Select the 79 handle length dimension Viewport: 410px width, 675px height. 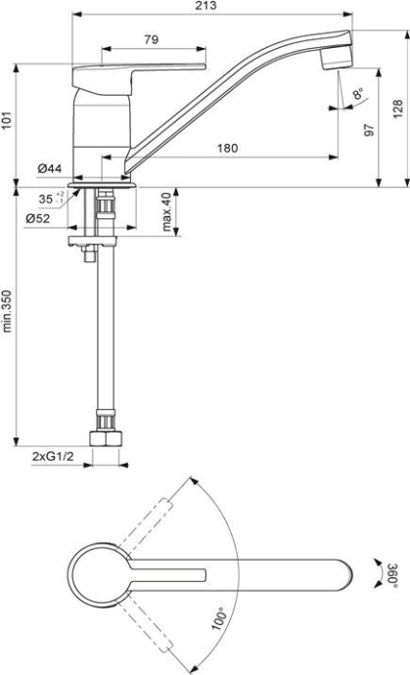click(153, 40)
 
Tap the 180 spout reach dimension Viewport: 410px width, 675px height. click(227, 148)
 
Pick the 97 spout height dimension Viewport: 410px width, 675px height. click(370, 129)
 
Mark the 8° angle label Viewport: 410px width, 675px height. click(359, 94)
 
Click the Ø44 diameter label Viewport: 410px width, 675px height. click(51, 170)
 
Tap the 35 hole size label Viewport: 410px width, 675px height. click(47, 199)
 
